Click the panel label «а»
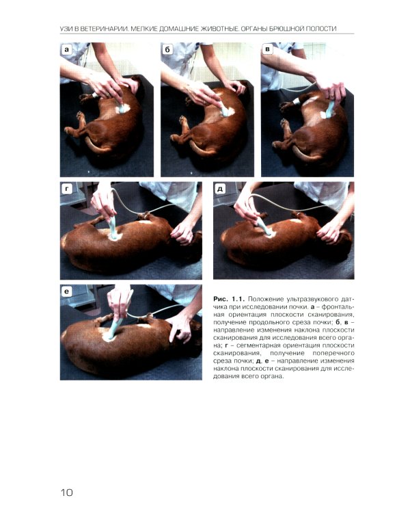pos(67,50)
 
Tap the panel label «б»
pos(167,50)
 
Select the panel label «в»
pos(267,50)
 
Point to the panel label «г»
pos(67,189)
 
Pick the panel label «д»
pos(220,189)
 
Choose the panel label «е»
pos(67,291)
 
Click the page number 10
pos(67,492)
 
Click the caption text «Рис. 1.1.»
pos(229,299)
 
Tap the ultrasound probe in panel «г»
pos(113,228)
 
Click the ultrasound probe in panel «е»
pos(114,327)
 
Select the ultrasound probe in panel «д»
pos(264,226)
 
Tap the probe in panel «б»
pos(224,109)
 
